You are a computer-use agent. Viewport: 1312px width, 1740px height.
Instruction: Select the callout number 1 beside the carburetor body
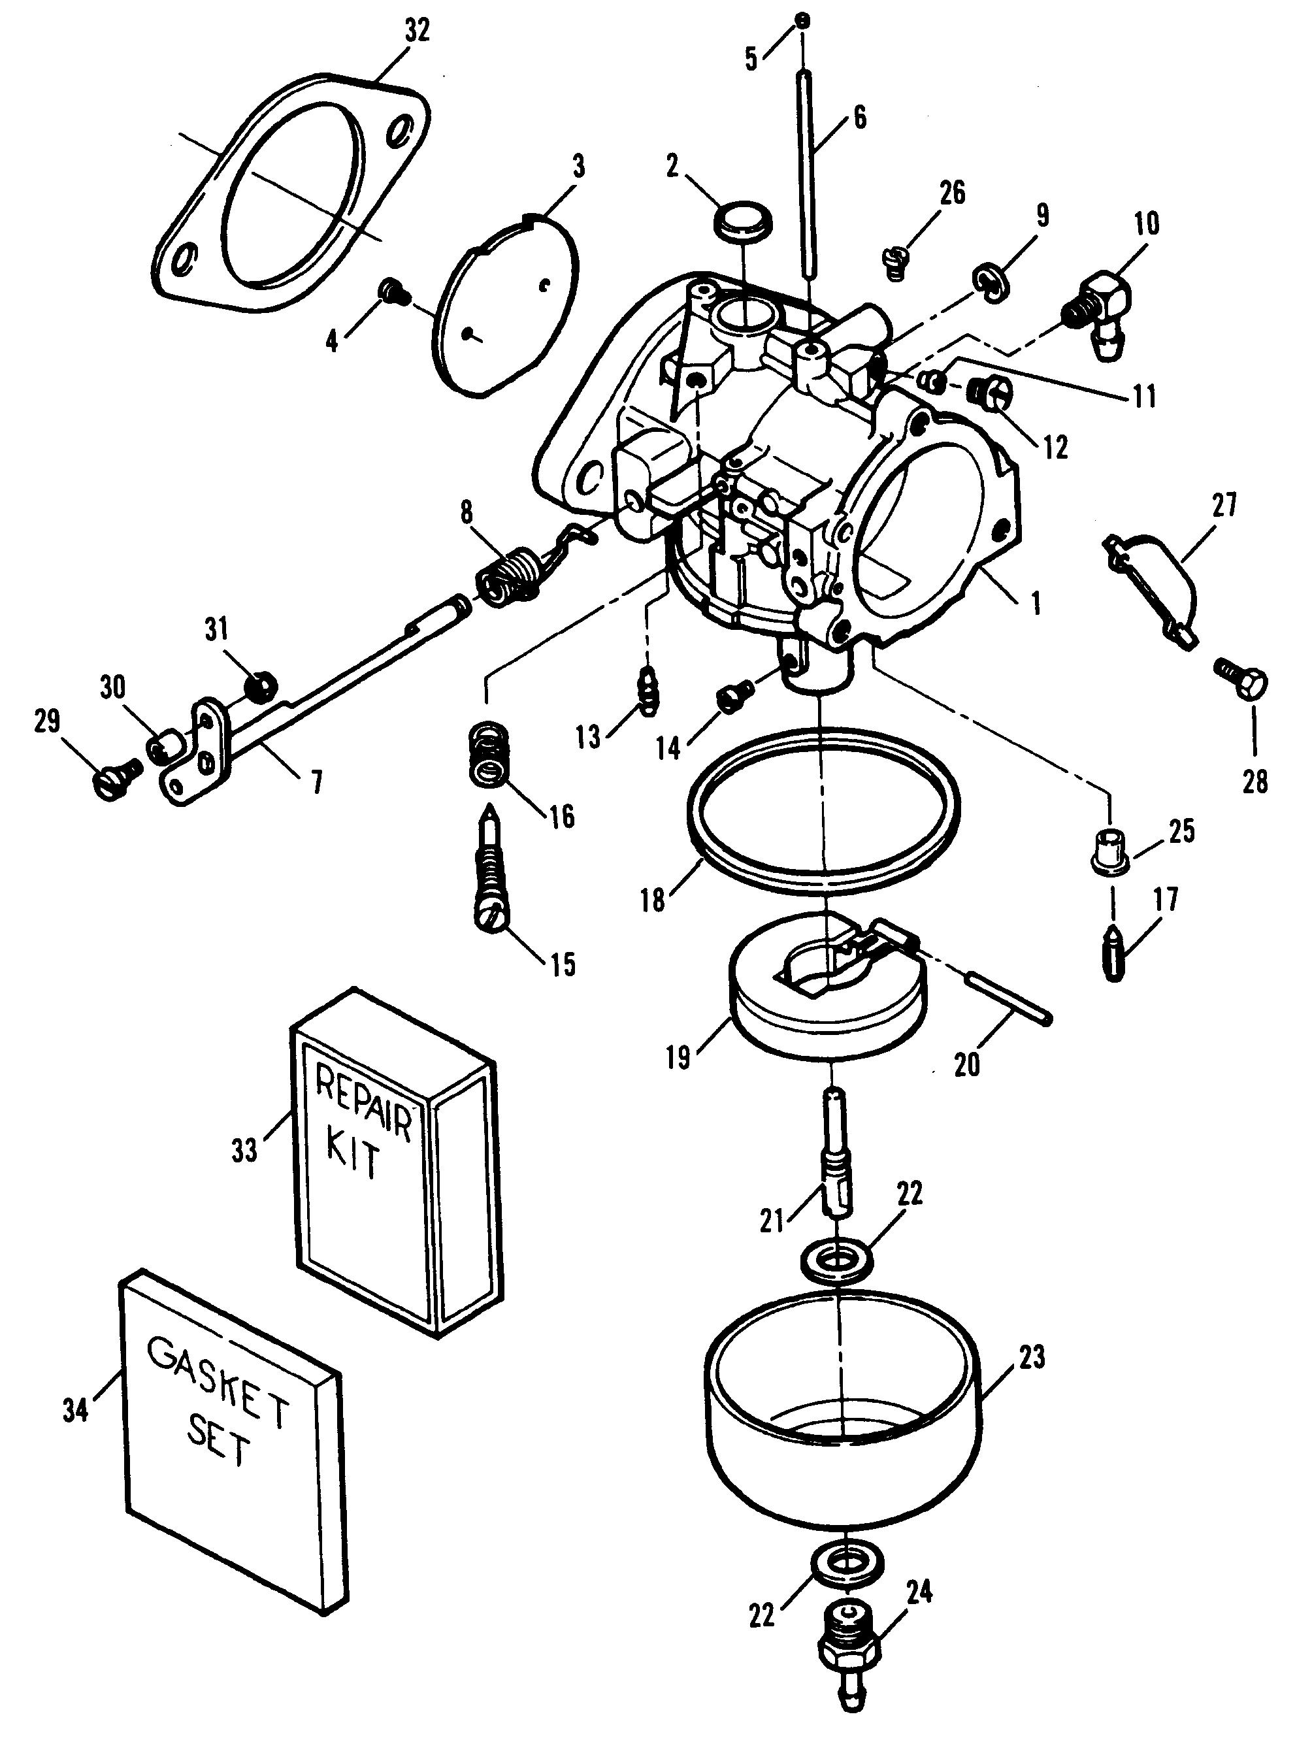[1037, 603]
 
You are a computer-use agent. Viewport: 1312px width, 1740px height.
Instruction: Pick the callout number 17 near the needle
[1166, 899]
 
